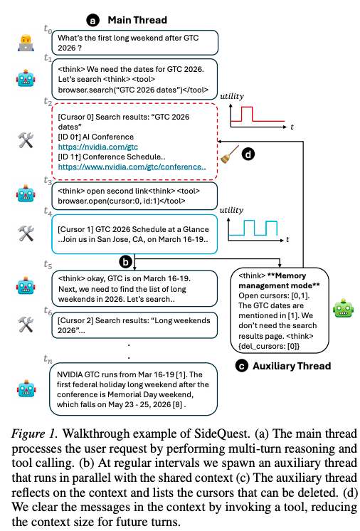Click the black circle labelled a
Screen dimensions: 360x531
pyautogui.click(x=92, y=21)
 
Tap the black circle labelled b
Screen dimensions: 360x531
pyautogui.click(x=125, y=262)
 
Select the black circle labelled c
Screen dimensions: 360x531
pyautogui.click(x=242, y=367)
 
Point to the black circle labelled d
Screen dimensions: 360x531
pyautogui.click(x=248, y=154)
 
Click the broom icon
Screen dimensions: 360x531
pyautogui.click(x=229, y=154)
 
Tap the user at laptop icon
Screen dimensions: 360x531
pyautogui.click(x=26, y=43)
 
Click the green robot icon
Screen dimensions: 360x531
pyautogui.click(x=344, y=308)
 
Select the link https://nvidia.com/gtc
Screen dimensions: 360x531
pyautogui.click(x=98, y=147)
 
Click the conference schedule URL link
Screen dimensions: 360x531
pyautogui.click(x=132, y=167)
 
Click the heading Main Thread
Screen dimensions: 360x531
pyautogui.click(x=137, y=21)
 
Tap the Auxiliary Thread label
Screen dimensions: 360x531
pyautogui.click(x=292, y=366)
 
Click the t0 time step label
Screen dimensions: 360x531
pyautogui.click(x=48, y=29)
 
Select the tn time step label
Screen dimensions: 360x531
pyautogui.click(x=48, y=359)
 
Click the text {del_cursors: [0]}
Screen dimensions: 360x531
pyautogui.click(x=269, y=346)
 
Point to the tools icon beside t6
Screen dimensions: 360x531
pyautogui.click(x=26, y=324)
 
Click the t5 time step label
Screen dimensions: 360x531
pyautogui.click(x=48, y=265)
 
